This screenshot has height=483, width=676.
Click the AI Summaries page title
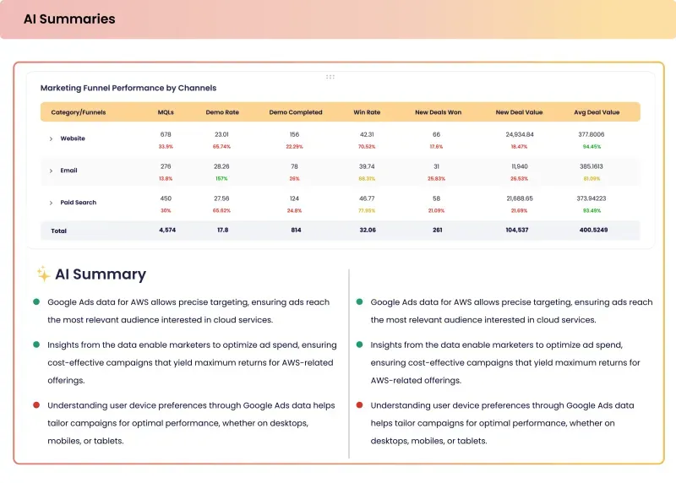[x=69, y=19]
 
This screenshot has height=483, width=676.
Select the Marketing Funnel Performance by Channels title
[x=128, y=88]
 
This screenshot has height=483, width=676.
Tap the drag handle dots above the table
[x=330, y=77]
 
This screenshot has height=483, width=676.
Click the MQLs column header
[x=166, y=112]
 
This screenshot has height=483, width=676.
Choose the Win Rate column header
[x=367, y=112]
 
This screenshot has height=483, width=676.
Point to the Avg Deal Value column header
[x=597, y=112]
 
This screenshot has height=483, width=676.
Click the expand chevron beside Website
[x=51, y=138]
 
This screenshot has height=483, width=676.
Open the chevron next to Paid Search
[x=51, y=203]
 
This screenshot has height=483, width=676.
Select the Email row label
[x=68, y=171]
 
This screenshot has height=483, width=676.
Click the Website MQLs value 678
[x=166, y=134]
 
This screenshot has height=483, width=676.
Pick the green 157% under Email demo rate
[x=221, y=178]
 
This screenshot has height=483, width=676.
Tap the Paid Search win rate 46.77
[x=367, y=198]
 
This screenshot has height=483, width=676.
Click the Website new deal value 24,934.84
[x=520, y=134]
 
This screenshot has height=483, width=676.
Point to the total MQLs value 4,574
[x=166, y=230]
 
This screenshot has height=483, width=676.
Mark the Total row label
[x=59, y=231]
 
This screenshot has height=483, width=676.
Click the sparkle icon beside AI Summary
[x=42, y=274]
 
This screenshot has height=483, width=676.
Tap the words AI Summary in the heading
[x=101, y=274]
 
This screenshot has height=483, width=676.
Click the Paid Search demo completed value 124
[x=294, y=198]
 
